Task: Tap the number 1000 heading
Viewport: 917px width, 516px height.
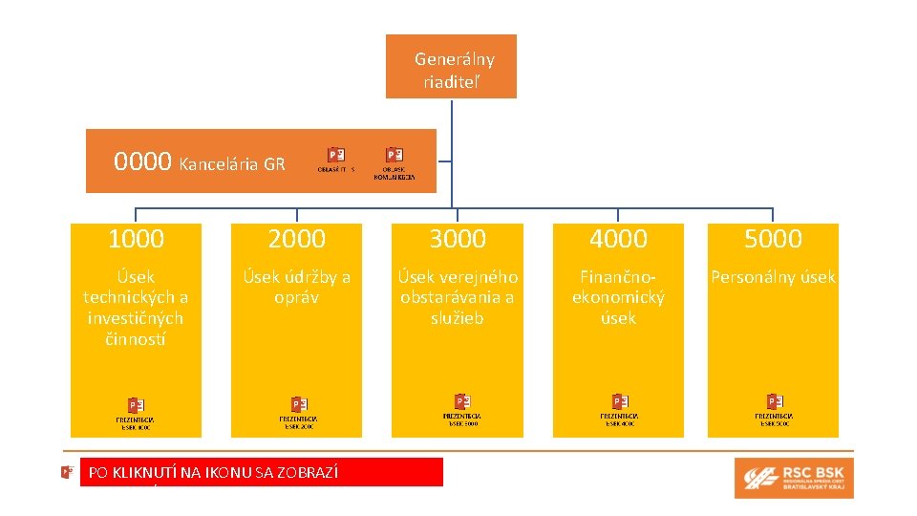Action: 136,239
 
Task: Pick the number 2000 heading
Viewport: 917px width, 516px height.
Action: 296,239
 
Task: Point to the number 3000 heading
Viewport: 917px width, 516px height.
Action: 458,239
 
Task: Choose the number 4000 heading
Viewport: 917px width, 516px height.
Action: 618,239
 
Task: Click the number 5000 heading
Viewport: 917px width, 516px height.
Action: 773,239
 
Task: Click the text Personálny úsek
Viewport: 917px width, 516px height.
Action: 773,277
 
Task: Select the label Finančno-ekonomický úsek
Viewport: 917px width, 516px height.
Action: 618,297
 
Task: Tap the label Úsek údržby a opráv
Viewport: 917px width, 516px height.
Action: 296,287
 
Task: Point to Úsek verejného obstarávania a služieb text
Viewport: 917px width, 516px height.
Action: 458,297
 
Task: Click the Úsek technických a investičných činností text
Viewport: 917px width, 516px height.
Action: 136,308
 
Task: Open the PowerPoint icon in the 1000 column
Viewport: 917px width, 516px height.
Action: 137,405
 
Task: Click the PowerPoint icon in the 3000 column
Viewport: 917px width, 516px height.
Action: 461,401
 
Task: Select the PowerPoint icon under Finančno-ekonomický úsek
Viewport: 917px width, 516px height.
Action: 619,401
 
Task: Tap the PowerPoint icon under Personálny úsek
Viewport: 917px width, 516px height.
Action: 775,401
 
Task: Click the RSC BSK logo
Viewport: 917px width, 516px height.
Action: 794,478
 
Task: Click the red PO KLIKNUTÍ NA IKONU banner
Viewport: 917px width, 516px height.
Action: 262,472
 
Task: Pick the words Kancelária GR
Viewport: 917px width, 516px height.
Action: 232,163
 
